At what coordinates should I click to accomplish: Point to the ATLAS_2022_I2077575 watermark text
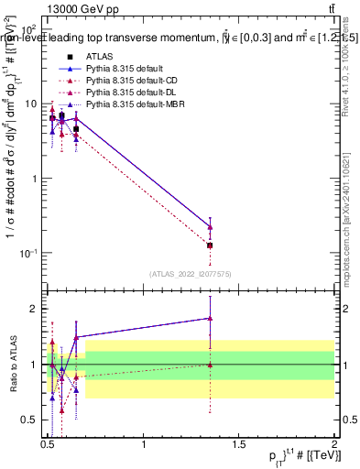click(190, 274)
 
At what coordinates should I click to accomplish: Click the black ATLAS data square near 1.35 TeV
click(210, 245)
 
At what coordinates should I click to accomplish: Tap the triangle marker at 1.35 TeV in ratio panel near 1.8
click(210, 318)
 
